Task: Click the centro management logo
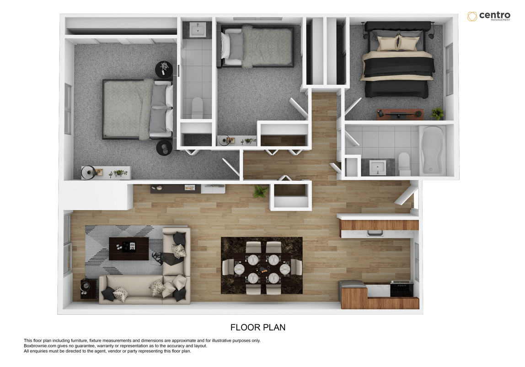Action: [488, 16]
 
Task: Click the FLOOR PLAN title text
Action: [258, 327]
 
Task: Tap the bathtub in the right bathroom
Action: [432, 150]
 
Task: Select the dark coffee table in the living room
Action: [129, 248]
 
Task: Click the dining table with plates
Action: [262, 266]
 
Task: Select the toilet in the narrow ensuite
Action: [197, 107]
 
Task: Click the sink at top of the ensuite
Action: [197, 30]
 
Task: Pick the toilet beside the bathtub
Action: [404, 164]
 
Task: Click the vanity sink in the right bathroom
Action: [377, 167]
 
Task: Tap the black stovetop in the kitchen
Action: [402, 289]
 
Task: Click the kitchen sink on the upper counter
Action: [375, 233]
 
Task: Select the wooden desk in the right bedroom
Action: [400, 114]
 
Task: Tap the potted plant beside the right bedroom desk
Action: [437, 113]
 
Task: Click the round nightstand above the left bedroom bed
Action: [164, 70]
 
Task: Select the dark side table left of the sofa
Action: [88, 288]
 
